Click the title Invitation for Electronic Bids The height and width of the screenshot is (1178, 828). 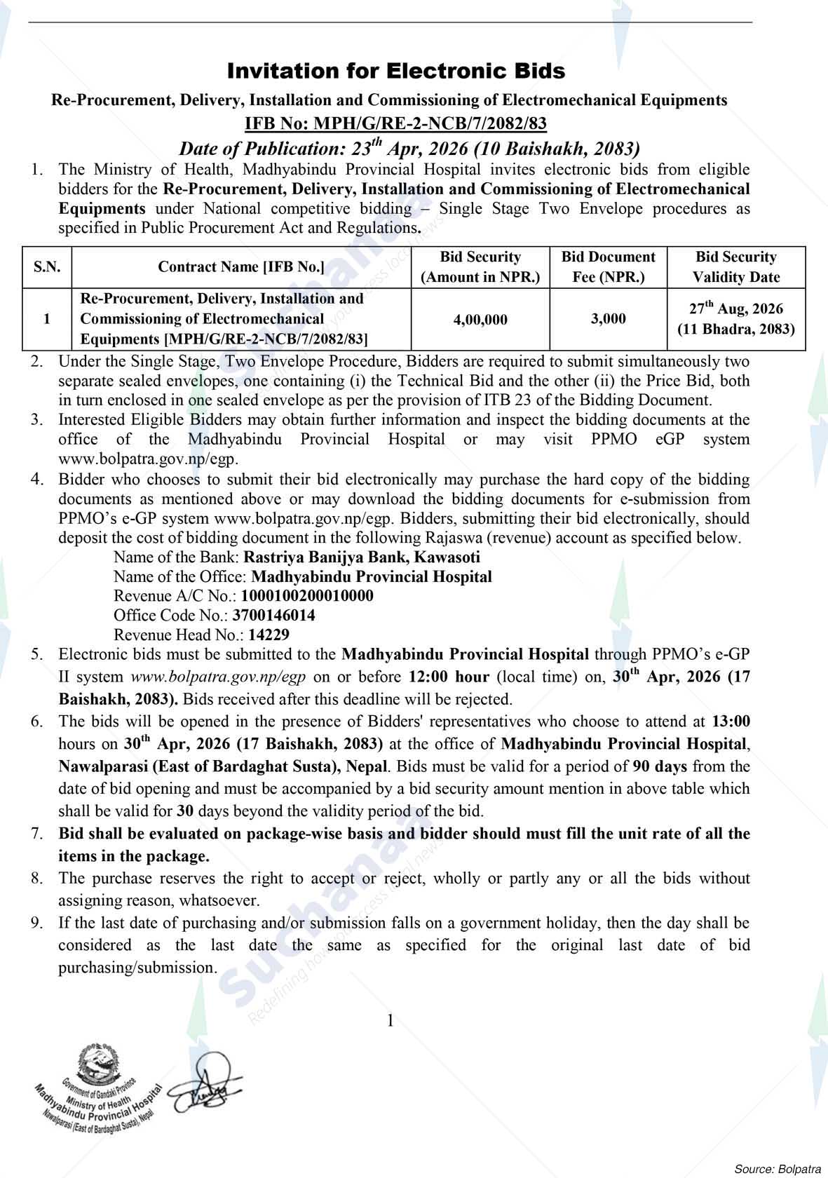(395, 71)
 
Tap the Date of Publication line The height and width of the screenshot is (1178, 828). (409, 149)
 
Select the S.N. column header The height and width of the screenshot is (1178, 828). (47, 266)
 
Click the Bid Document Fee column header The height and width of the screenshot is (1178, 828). (608, 266)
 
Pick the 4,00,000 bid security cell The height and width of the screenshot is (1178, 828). (480, 320)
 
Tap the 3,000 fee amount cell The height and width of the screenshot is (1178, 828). (608, 319)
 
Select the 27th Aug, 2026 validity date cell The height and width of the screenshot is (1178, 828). (735, 318)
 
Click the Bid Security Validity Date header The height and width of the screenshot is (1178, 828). (735, 266)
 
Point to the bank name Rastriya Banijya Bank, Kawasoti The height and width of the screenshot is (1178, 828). (360, 557)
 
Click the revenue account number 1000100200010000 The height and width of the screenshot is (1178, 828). (307, 596)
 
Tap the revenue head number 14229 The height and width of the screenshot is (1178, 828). (266, 635)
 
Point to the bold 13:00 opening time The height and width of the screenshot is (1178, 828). (731, 722)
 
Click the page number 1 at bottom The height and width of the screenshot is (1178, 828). (391, 1020)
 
